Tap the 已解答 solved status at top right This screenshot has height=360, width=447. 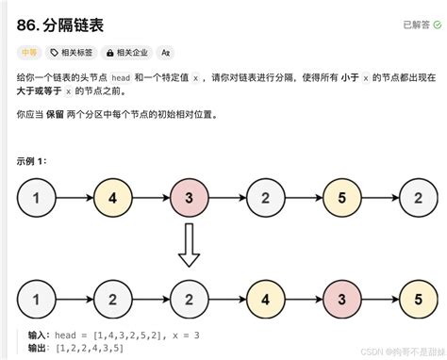click(x=418, y=24)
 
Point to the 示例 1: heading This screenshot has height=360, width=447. click(x=35, y=161)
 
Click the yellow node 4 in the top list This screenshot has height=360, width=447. click(x=112, y=198)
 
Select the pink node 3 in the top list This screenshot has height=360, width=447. click(x=189, y=198)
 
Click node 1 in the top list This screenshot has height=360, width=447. click(x=35, y=198)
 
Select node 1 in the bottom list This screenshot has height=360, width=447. click(x=35, y=300)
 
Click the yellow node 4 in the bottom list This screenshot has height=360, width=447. click(x=265, y=300)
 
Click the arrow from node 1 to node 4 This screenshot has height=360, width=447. click(x=74, y=198)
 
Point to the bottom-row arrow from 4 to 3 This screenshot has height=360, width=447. click(x=303, y=300)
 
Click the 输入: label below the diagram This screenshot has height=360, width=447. click(x=39, y=335)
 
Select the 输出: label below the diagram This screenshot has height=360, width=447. click(x=39, y=349)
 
